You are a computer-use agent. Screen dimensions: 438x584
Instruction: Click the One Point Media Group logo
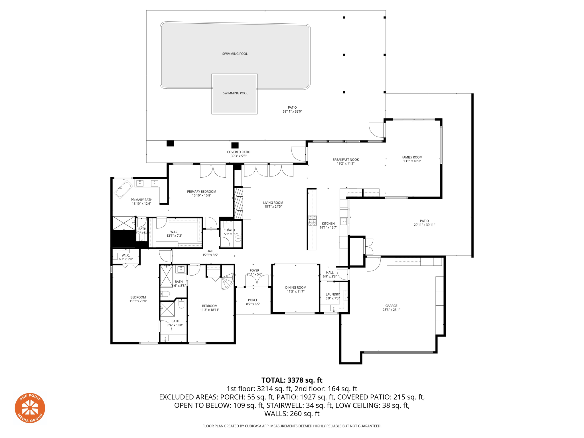(30, 408)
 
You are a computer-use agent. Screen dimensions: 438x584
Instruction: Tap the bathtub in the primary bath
(123, 189)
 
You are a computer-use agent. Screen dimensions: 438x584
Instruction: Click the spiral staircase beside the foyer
(228, 281)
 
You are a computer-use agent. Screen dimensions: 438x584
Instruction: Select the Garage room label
(391, 306)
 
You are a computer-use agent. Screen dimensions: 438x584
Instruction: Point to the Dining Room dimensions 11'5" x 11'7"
(296, 291)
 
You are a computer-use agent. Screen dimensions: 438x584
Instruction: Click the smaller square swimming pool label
(235, 93)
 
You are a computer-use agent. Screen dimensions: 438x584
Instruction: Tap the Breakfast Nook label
(346, 160)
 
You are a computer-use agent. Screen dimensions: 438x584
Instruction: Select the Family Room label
(412, 157)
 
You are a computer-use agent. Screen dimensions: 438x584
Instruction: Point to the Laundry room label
(332, 294)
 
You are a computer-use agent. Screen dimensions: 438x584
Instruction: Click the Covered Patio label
(238, 152)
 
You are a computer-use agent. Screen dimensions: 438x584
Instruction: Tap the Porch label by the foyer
(253, 300)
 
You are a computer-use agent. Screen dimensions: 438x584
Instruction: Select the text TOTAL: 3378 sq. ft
(292, 380)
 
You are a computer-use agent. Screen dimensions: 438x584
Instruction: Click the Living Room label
(273, 203)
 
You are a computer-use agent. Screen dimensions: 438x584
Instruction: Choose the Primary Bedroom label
(201, 192)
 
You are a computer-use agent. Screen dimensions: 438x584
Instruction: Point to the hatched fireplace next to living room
(238, 203)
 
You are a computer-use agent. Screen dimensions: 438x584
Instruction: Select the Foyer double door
(257, 281)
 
